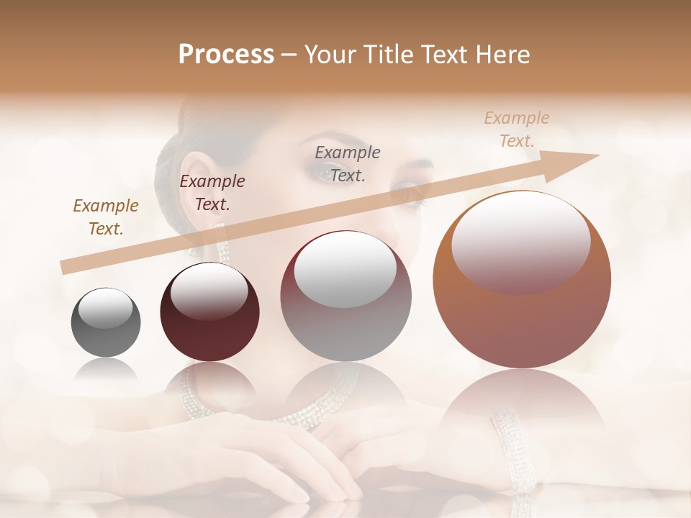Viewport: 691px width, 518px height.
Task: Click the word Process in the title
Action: point(226,55)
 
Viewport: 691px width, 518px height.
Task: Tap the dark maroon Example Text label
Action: point(212,193)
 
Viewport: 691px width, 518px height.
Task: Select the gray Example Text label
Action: point(348,163)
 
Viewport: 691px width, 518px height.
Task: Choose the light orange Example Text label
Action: point(517,129)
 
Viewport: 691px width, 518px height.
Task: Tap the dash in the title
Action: point(289,55)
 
